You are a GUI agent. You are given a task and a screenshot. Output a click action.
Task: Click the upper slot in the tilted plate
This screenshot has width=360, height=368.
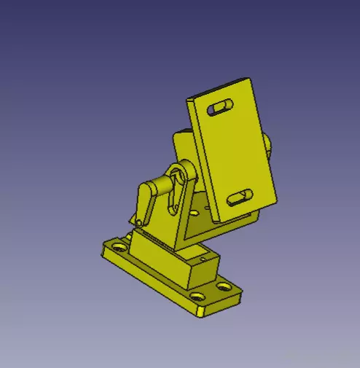point(222,108)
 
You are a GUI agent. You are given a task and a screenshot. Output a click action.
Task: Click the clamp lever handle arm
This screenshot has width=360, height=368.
point(146,200)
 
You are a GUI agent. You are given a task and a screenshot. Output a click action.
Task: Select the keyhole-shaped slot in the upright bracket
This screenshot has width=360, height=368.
point(176,193)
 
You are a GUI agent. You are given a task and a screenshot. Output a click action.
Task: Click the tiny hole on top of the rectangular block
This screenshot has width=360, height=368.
point(201,257)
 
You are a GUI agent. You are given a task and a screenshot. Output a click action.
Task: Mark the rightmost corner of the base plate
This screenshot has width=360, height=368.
point(243,295)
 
